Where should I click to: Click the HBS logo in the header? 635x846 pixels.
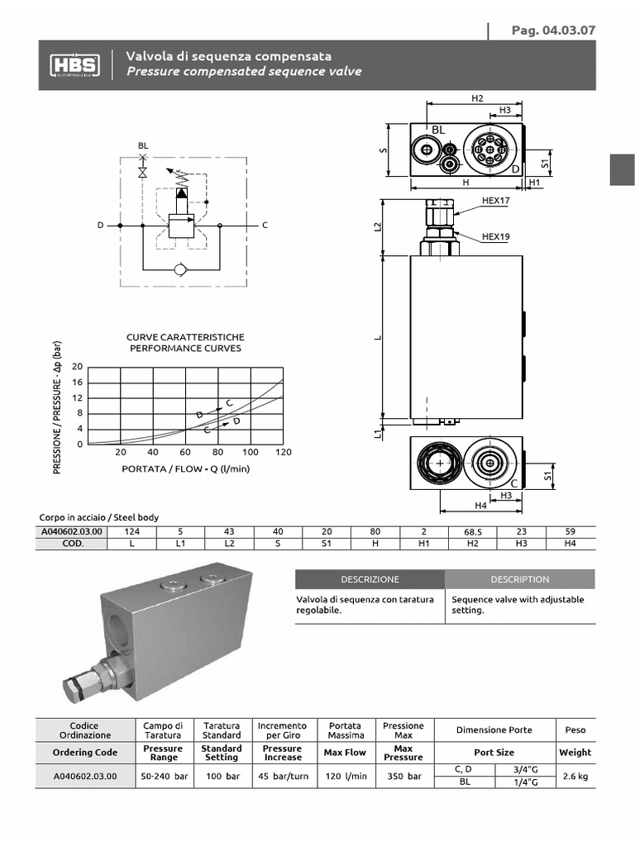(x=74, y=64)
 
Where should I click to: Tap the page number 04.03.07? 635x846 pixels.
(x=553, y=31)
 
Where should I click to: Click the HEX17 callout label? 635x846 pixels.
(x=496, y=201)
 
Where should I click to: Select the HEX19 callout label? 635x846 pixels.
(x=496, y=237)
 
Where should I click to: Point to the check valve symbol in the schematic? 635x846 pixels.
(x=182, y=269)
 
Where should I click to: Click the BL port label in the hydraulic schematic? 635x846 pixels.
(x=142, y=145)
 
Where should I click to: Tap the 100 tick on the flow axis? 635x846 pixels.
(x=250, y=453)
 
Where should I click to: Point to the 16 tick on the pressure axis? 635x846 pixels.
(x=78, y=383)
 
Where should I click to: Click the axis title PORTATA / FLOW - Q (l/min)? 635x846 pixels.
(x=185, y=469)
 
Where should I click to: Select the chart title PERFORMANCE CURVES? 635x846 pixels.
(x=185, y=349)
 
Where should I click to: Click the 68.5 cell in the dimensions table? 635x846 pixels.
(x=472, y=532)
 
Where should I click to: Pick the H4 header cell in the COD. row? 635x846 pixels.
(x=570, y=543)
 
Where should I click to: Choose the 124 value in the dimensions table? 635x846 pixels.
(x=131, y=532)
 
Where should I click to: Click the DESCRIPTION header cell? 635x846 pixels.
(x=519, y=579)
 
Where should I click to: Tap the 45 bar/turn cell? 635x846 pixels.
(x=282, y=777)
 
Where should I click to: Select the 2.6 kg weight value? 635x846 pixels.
(x=575, y=777)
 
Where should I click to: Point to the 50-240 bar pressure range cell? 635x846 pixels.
(x=163, y=777)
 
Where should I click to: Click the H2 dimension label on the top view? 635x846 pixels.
(x=476, y=98)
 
